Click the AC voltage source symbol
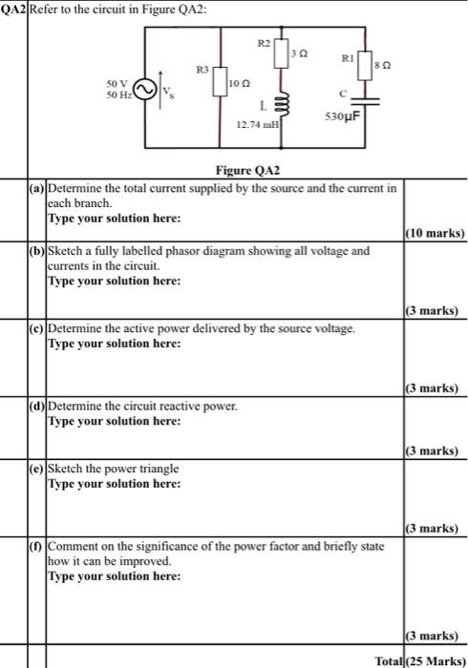(x=144, y=90)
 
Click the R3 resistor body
(x=220, y=83)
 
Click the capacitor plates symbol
(x=362, y=102)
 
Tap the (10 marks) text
(x=435, y=233)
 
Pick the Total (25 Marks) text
(x=421, y=660)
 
